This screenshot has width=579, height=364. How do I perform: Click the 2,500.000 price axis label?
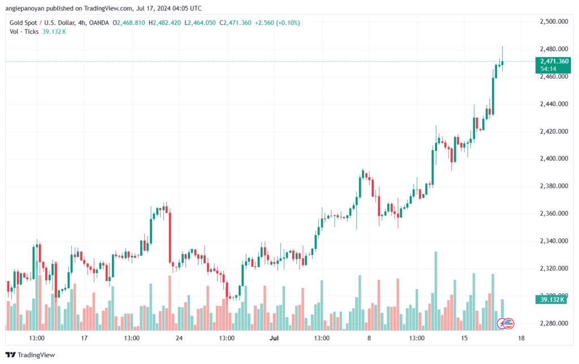click(x=554, y=22)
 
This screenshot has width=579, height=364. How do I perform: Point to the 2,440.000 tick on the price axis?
click(x=554, y=104)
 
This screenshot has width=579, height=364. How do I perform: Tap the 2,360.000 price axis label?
click(x=554, y=213)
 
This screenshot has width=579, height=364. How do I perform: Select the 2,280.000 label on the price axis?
click(x=554, y=324)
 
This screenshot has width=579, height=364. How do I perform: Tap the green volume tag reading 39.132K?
click(x=550, y=299)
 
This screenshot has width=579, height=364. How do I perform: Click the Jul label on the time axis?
click(x=274, y=338)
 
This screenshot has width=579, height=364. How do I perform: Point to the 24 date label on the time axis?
click(x=179, y=338)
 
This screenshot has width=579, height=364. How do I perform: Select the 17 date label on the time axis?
click(x=84, y=338)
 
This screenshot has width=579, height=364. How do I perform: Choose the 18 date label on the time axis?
click(x=521, y=338)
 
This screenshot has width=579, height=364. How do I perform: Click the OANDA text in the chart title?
click(x=99, y=23)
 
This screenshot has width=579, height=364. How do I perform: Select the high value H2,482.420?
click(x=164, y=23)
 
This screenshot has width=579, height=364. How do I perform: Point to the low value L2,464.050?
click(x=202, y=23)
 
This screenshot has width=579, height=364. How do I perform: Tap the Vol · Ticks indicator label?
click(x=24, y=32)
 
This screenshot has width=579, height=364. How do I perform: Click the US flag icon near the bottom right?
click(x=508, y=324)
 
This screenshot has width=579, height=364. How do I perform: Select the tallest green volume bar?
click(x=435, y=290)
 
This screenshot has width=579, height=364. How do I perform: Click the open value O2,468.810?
click(x=129, y=23)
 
